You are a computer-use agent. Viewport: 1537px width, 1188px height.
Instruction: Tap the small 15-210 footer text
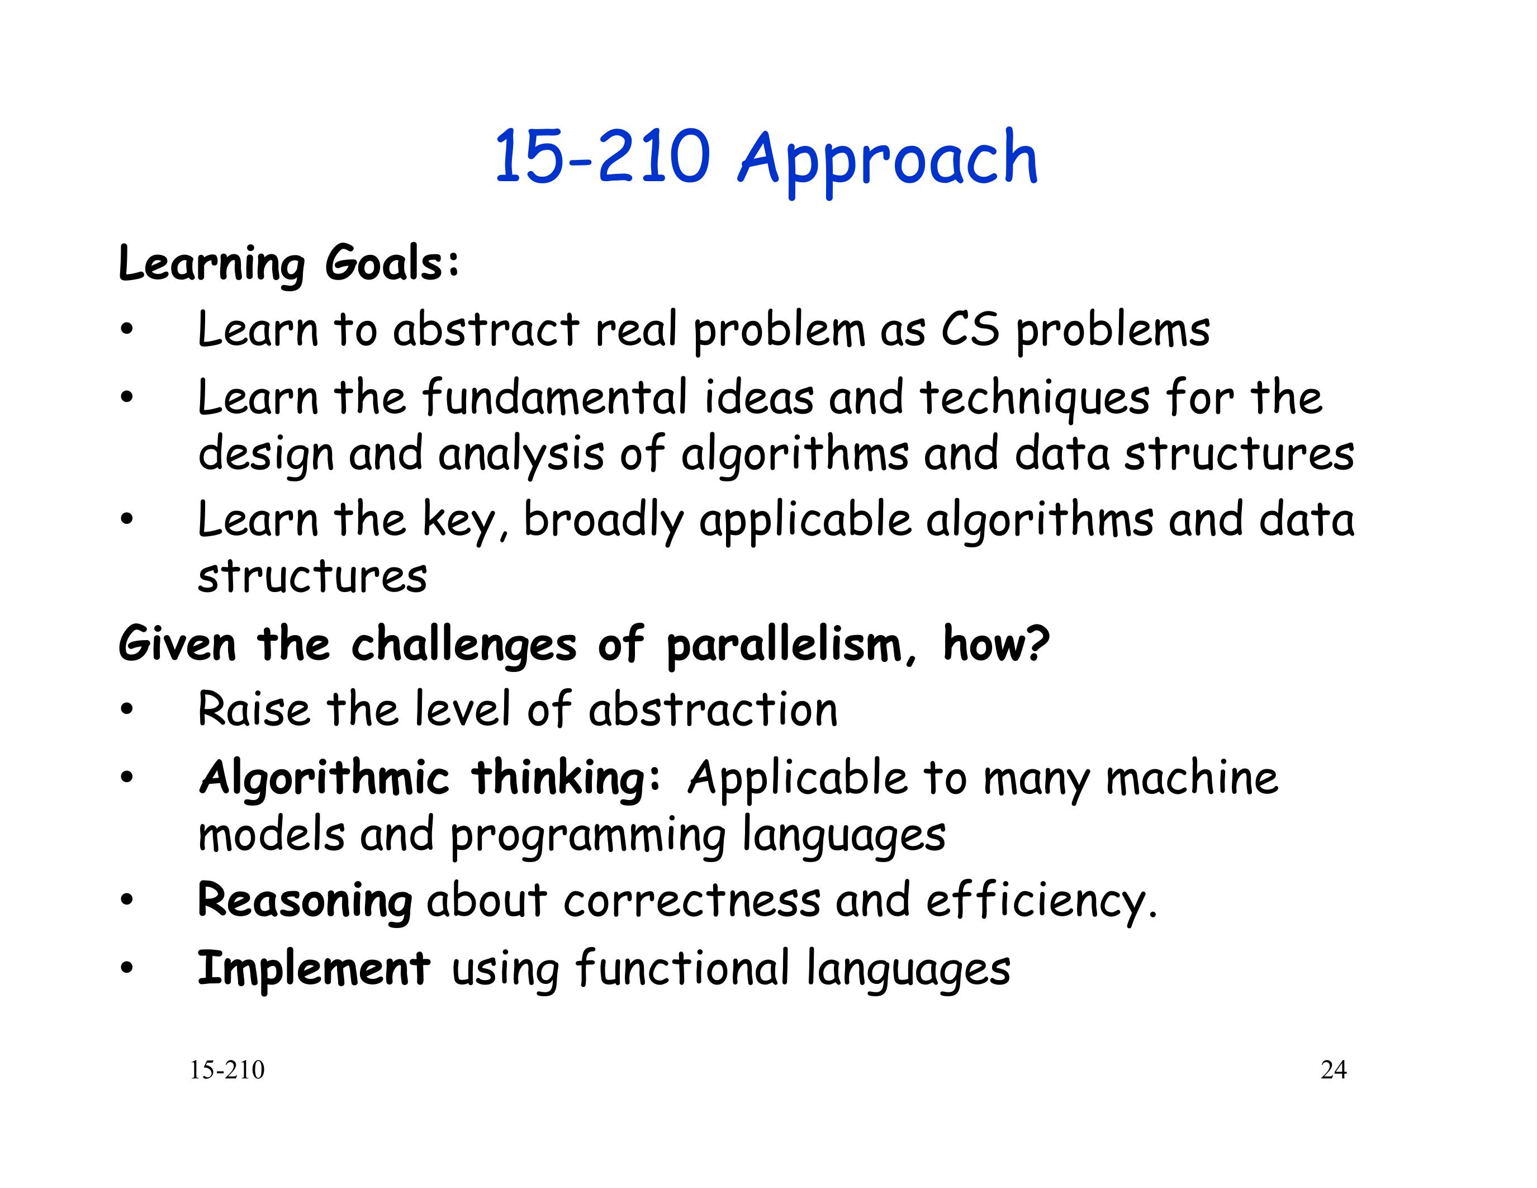pyautogui.click(x=226, y=1070)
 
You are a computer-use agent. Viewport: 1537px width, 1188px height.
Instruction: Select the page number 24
pyautogui.click(x=1334, y=1070)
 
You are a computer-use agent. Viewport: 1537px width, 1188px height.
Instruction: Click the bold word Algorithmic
pyautogui.click(x=324, y=779)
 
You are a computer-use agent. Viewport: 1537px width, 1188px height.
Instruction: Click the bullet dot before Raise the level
pyautogui.click(x=126, y=709)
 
